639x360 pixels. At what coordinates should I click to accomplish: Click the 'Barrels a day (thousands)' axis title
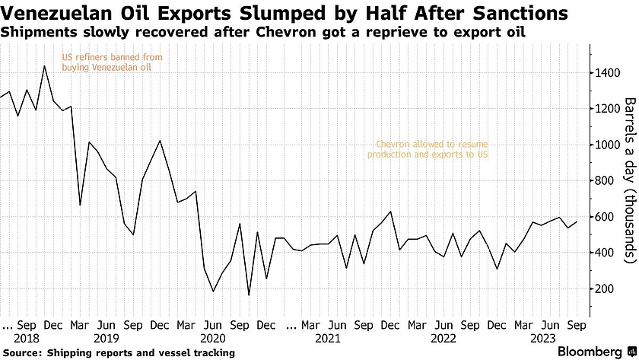point(629,180)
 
